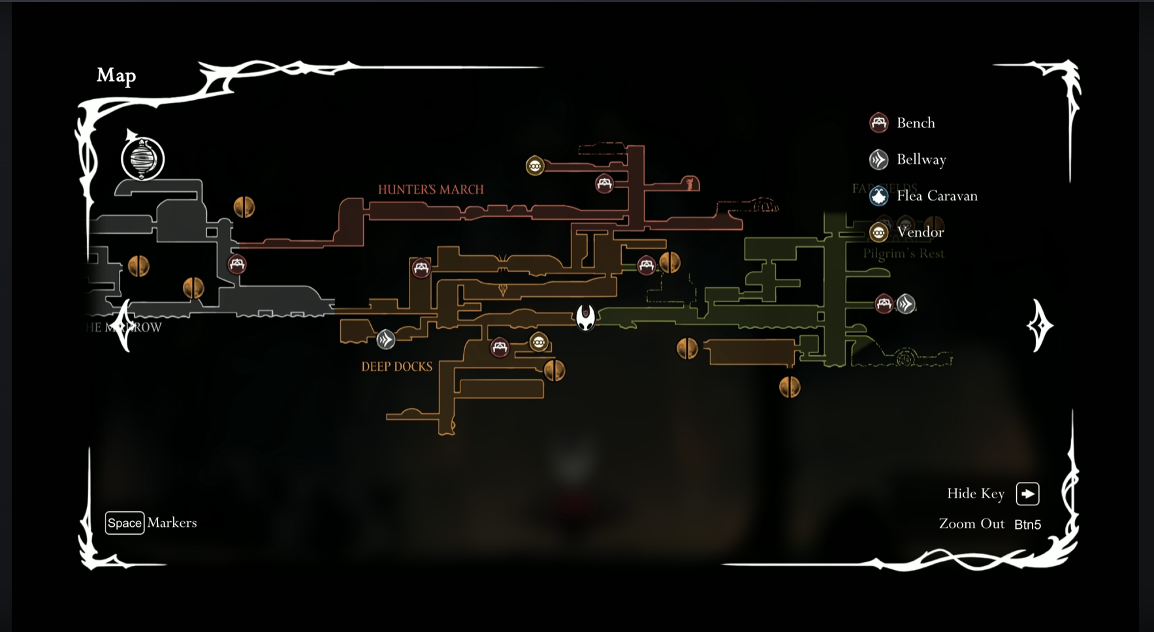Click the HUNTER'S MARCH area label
click(430, 189)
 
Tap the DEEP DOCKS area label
click(396, 367)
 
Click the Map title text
click(116, 75)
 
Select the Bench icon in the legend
click(878, 123)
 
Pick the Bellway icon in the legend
click(878, 159)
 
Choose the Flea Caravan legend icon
click(878, 196)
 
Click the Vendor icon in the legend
click(878, 232)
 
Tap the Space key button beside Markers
click(124, 523)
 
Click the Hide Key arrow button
click(1027, 494)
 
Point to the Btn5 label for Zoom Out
click(1027, 524)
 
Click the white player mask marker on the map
click(585, 317)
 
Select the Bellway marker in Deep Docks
click(385, 339)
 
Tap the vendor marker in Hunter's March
click(535, 166)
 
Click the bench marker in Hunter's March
click(604, 183)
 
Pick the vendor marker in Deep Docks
click(538, 342)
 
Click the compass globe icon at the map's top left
click(142, 159)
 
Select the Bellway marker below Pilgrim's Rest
click(905, 304)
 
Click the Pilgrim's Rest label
click(903, 253)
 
